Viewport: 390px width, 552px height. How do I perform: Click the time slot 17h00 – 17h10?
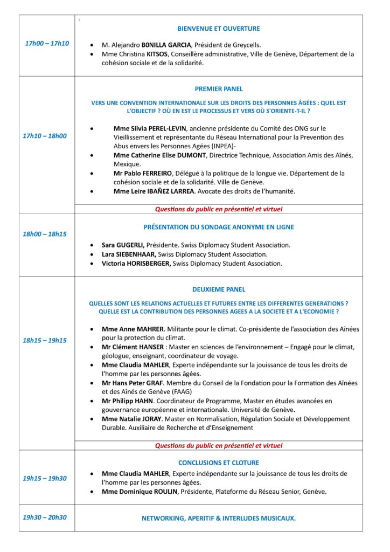click(x=47, y=43)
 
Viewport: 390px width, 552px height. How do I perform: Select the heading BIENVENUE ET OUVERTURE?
click(x=219, y=29)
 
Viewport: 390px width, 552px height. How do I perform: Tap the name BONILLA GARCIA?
click(x=166, y=45)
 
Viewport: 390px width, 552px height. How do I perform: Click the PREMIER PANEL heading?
click(x=219, y=89)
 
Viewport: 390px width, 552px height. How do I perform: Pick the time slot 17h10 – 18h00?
click(x=45, y=136)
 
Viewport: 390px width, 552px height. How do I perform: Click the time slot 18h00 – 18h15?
click(x=45, y=234)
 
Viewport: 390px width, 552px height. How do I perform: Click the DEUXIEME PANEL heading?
click(x=218, y=289)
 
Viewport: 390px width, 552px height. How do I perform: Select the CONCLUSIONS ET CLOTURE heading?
click(x=219, y=463)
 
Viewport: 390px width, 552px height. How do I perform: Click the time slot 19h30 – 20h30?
click(x=45, y=517)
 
